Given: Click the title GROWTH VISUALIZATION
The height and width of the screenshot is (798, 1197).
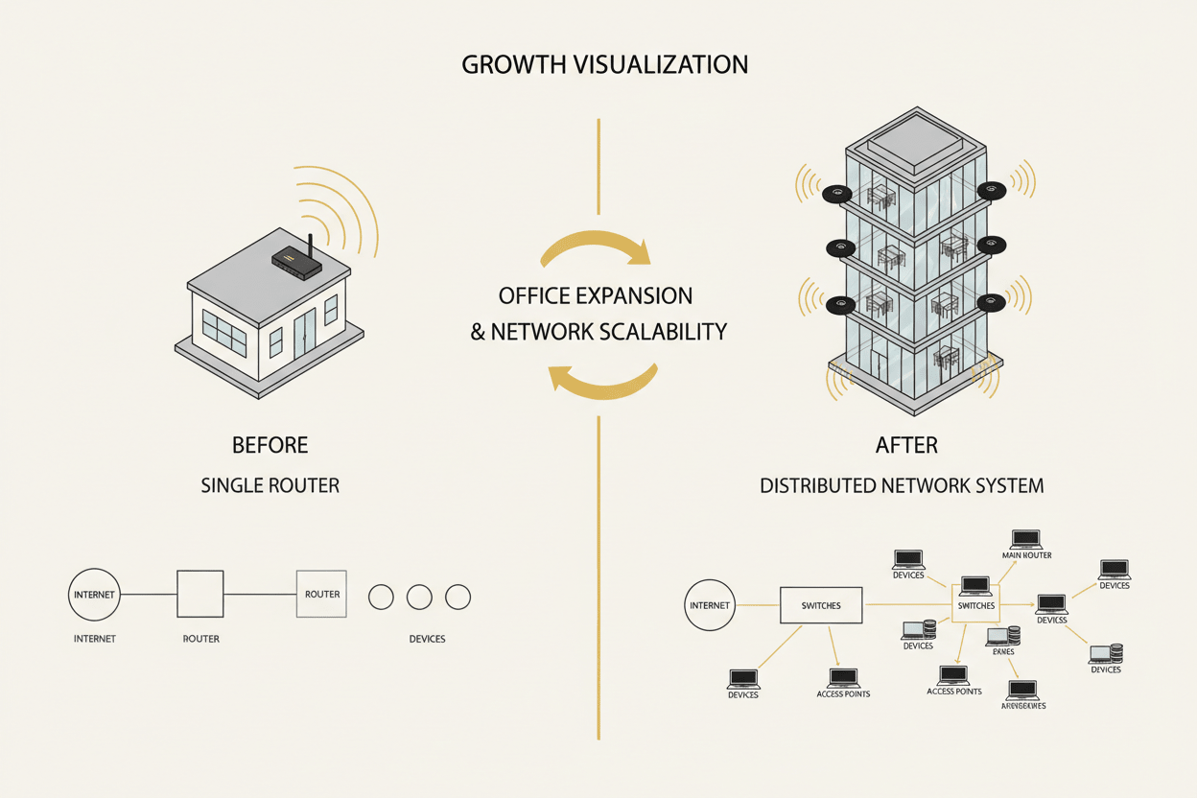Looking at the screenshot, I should click(x=604, y=65).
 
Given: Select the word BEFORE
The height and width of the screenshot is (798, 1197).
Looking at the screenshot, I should click(x=270, y=446).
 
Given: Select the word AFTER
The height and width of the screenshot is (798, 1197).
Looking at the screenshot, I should click(x=906, y=446).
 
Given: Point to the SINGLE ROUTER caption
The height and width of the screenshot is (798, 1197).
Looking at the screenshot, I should click(x=270, y=485).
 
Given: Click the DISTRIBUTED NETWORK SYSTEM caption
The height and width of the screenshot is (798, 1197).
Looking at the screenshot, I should click(x=902, y=485).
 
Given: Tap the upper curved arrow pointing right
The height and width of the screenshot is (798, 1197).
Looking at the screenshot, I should click(x=597, y=248).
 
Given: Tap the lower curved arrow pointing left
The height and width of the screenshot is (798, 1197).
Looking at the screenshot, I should click(x=602, y=380).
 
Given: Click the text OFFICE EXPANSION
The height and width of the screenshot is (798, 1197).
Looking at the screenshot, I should click(x=596, y=294).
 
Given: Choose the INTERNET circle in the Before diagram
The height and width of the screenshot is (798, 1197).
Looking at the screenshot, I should click(x=94, y=595).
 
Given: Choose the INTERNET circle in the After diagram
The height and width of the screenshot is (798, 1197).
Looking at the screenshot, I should click(x=710, y=605).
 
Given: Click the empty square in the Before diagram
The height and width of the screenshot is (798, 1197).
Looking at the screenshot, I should click(x=200, y=595).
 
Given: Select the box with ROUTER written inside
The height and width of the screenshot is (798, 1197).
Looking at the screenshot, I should click(x=322, y=595).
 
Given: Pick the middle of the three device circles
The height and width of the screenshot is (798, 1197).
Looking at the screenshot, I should click(x=419, y=598).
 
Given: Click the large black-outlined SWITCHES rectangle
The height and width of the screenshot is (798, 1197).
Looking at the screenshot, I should click(x=821, y=605).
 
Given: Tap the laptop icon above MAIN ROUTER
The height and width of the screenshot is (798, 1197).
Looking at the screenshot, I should click(x=1026, y=539).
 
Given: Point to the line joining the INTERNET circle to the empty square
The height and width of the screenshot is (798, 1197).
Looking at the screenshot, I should click(x=148, y=595).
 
